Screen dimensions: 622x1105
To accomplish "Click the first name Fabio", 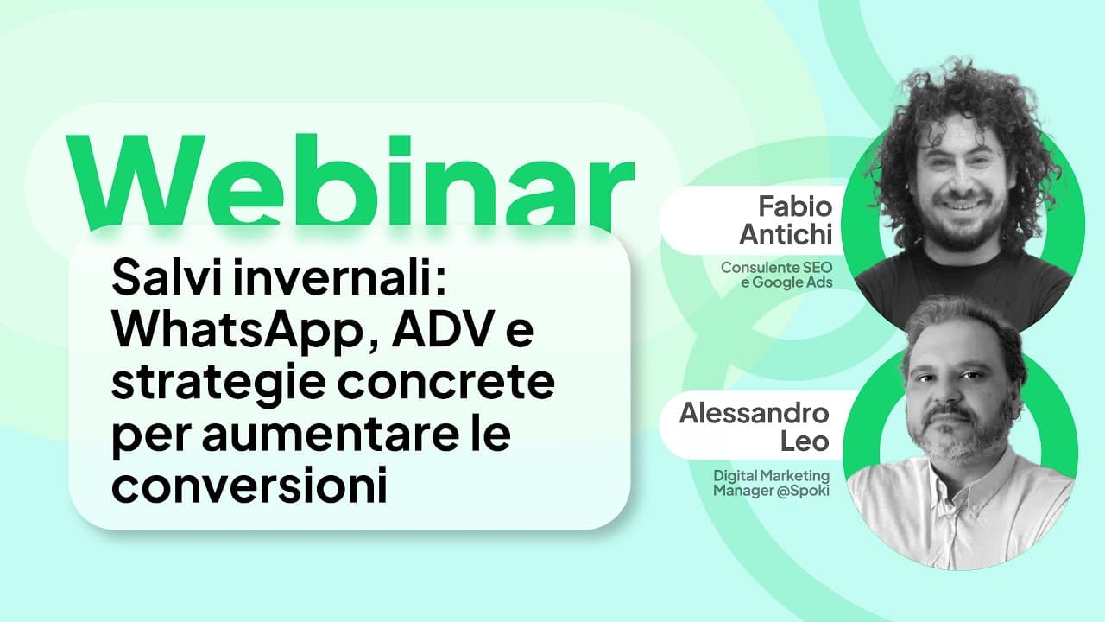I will click(x=794, y=207).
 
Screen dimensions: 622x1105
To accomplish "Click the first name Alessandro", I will click(x=754, y=413).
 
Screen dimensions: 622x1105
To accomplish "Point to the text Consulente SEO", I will click(x=776, y=268).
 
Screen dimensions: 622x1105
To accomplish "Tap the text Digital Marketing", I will click(x=771, y=476).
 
